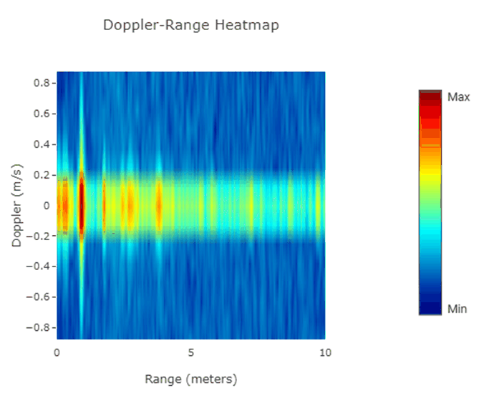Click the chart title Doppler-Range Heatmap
coord(190,26)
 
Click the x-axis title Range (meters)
coord(190,378)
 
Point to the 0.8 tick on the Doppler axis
coord(41,83)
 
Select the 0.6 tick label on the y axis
coord(41,114)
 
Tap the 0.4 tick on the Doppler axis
coord(41,144)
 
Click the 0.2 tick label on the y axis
coord(41,175)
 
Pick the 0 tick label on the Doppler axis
coord(46,206)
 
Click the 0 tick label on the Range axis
coord(57,352)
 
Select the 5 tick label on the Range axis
coord(191,352)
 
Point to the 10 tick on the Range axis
coord(325,352)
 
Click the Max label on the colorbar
coord(458,96)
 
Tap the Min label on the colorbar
coord(458,309)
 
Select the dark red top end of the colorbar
coord(430,95)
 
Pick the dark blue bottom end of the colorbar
coord(430,309)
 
